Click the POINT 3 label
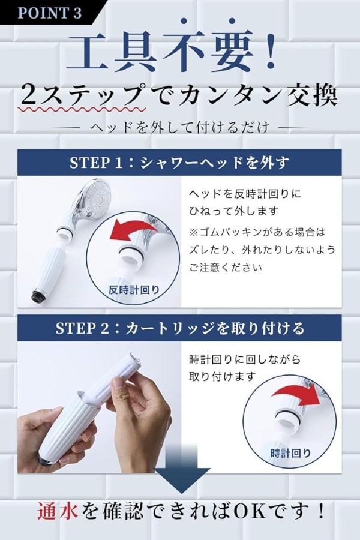coord(49,13)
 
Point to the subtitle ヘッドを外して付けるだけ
coord(179,128)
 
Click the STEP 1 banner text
coord(179,163)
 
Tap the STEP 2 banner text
coord(180,328)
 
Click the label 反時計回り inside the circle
coord(134,290)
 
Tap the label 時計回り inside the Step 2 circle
coord(290,453)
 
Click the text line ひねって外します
coord(233,211)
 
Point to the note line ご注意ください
coord(226,267)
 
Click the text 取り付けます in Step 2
coord(222,376)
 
